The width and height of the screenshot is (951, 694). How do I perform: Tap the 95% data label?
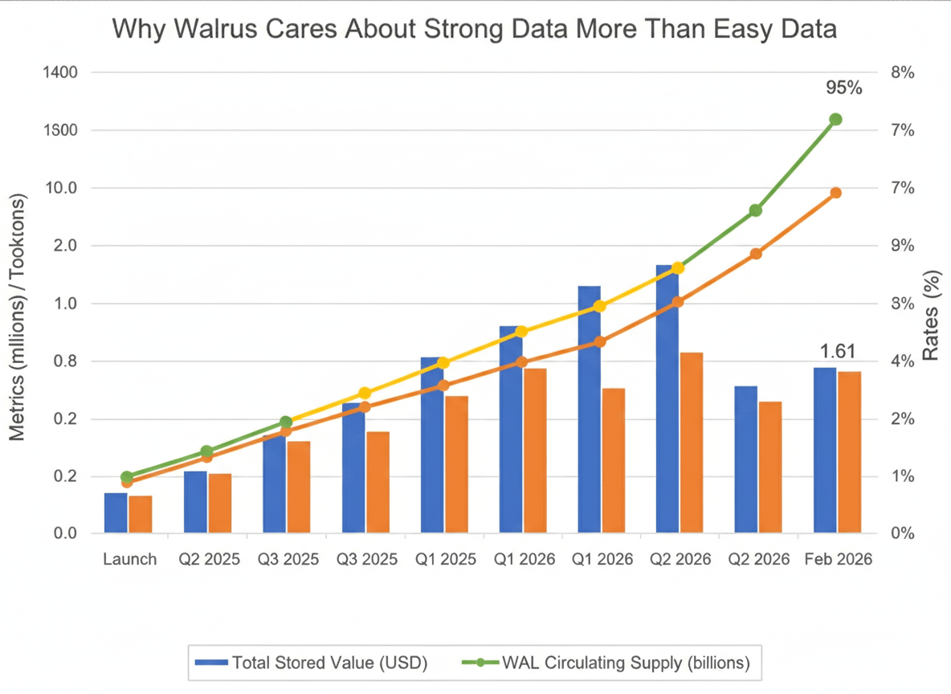click(x=843, y=88)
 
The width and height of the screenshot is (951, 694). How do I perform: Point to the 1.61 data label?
click(x=837, y=351)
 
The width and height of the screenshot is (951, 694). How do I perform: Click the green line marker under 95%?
click(x=835, y=119)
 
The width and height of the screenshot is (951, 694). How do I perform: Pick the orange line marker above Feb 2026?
click(x=835, y=193)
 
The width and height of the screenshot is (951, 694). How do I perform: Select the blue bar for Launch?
click(x=116, y=512)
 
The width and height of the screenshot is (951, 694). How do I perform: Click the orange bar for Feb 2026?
click(x=850, y=452)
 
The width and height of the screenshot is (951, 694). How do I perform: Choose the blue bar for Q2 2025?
click(x=195, y=502)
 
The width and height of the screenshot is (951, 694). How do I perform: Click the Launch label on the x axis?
click(x=129, y=559)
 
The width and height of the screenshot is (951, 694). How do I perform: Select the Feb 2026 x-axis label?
click(x=838, y=559)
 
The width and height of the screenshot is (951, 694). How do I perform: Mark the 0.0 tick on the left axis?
click(x=61, y=534)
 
